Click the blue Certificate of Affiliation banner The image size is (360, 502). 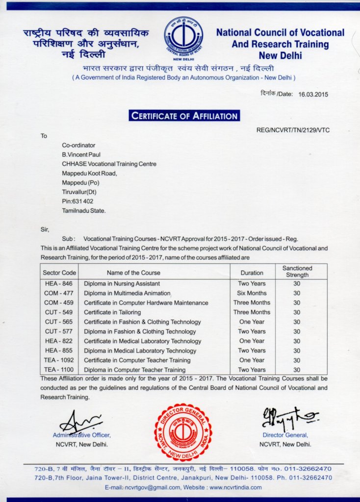point(184,116)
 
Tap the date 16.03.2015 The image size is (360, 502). point(313,95)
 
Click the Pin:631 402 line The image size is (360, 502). point(77,201)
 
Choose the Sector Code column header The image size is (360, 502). point(59,273)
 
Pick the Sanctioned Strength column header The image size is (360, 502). point(297,272)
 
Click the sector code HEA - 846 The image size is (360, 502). point(59,284)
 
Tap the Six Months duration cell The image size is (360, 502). point(252,293)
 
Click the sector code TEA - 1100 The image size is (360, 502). point(59,370)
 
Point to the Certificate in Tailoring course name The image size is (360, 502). point(112,312)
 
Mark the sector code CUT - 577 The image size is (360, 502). point(59,331)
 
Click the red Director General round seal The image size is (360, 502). point(183,432)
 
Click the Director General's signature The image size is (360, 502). point(287,417)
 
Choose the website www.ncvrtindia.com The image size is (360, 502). point(235,487)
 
